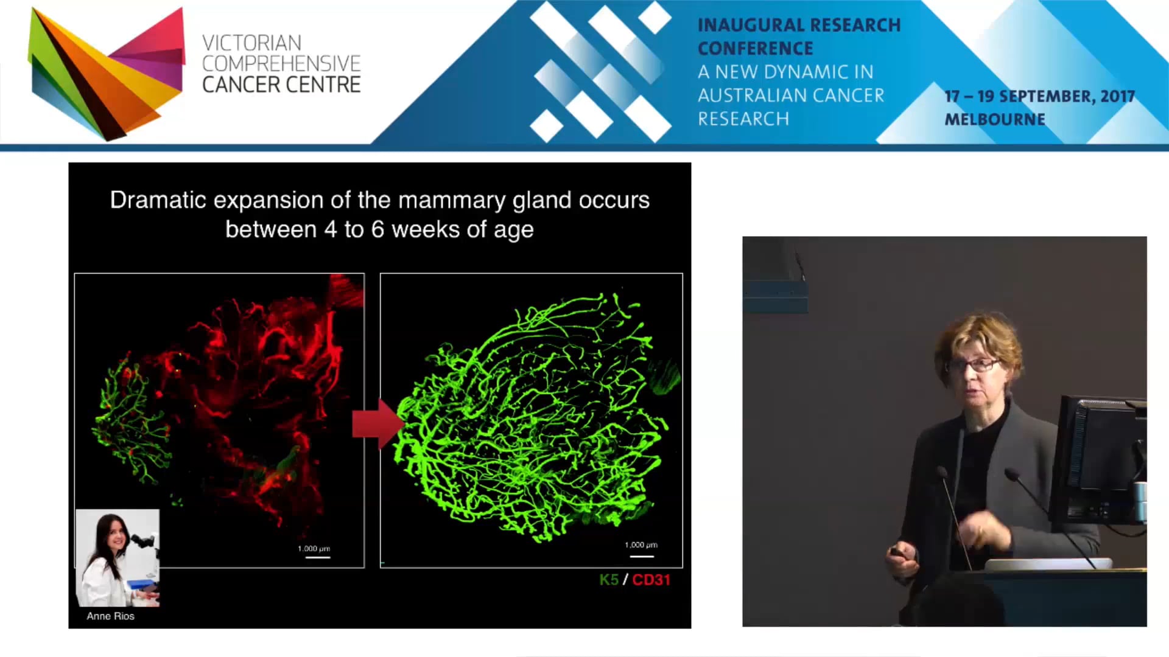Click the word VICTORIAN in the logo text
pos(251,43)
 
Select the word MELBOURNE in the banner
pos(994,119)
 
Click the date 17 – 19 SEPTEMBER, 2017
pos(1039,96)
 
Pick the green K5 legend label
pos(608,580)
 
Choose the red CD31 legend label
pos(651,580)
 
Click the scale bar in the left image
pos(317,557)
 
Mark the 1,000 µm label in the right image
pos(641,544)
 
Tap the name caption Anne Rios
pos(110,616)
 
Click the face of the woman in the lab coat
pos(115,536)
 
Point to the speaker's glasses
pos(974,365)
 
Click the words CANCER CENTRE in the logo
pos(281,85)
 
